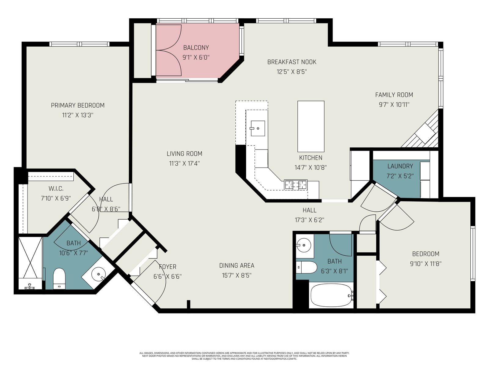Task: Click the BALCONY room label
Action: point(196,48)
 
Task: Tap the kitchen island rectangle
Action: point(311,126)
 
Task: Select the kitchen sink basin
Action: point(258,128)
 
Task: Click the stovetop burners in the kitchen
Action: point(296,185)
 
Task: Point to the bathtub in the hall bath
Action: point(332,296)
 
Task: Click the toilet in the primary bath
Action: point(59,279)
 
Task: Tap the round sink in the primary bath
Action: point(98,273)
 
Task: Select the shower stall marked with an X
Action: point(30,263)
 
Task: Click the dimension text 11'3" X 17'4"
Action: point(184,164)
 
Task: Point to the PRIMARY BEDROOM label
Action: point(78,106)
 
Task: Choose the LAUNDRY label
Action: point(400,166)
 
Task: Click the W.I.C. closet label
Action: point(56,189)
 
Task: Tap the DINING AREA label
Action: point(237,265)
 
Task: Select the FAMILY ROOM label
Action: point(394,95)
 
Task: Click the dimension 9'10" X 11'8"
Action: point(426,264)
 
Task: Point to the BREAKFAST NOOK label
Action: point(292,62)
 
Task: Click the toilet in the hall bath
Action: point(307,267)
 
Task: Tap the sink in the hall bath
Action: point(303,245)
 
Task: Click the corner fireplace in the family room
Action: point(421,132)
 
